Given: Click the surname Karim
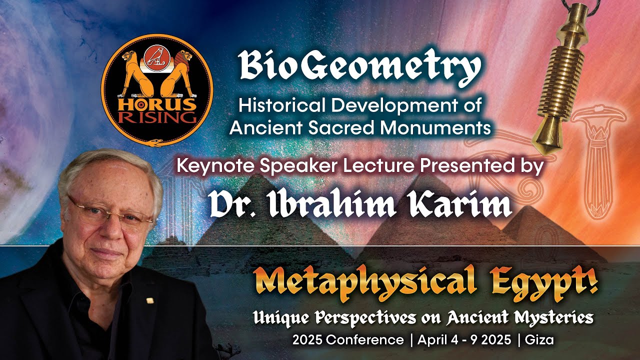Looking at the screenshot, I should (x=462, y=203).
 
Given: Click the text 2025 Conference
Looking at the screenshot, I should (x=348, y=340).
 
